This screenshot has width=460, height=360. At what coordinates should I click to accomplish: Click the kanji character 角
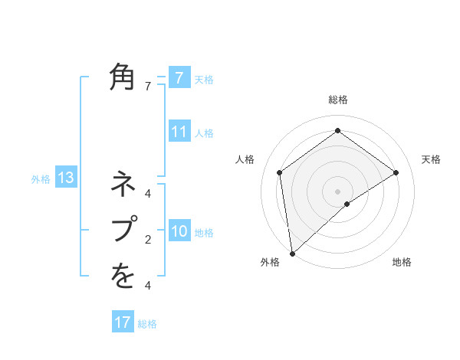(123, 77)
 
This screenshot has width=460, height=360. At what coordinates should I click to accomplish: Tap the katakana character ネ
(123, 185)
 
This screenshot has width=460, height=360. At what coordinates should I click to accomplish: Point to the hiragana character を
(123, 276)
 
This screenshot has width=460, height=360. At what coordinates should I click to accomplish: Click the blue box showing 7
(179, 77)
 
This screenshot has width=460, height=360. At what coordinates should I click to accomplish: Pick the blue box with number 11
(179, 132)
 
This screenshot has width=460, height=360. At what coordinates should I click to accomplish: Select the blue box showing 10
(179, 231)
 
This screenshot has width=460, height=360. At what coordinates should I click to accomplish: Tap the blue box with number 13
(66, 178)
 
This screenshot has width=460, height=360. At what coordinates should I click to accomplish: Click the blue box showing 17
(123, 322)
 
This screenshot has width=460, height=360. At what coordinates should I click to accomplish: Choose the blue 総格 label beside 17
(147, 324)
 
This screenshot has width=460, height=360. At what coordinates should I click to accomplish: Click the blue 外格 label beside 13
(41, 179)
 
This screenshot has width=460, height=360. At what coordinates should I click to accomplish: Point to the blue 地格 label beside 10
(204, 232)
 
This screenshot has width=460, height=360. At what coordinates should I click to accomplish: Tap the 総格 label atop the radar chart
(337, 100)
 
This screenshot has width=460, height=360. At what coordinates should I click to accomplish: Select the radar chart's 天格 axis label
(431, 159)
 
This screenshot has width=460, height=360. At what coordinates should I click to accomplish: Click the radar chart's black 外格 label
(269, 262)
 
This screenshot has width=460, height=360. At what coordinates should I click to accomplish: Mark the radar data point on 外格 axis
(292, 253)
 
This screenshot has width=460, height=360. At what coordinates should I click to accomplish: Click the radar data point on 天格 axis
(396, 172)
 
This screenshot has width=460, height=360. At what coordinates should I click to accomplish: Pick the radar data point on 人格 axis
(280, 172)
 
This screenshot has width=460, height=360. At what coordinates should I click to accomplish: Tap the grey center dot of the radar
(337, 191)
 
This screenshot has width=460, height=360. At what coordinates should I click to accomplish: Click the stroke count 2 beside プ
(147, 240)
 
